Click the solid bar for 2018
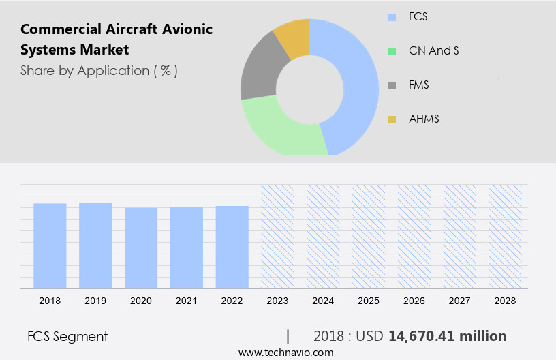coord(50,245)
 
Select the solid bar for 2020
coord(141,247)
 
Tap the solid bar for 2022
coord(232,247)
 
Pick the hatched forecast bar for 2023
coord(277,236)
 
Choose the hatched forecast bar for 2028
coord(506,236)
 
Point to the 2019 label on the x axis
coord(95,301)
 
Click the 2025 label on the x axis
coord(369,301)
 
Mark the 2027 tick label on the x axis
coord(460,301)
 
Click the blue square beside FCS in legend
coord(392,16)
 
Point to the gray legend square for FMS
coord(392,85)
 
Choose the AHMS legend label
coord(424,119)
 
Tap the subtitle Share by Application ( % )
coord(99,71)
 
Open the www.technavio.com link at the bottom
coord(285,352)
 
